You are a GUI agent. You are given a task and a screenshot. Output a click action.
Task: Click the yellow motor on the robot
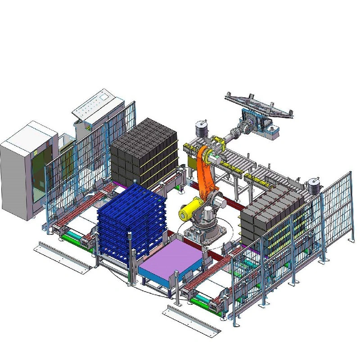tap(189, 210)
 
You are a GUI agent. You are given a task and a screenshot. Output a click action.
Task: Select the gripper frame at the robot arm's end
tap(259, 106)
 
